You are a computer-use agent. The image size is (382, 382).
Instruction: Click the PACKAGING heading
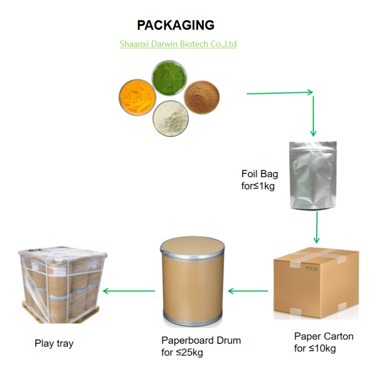tap(176, 25)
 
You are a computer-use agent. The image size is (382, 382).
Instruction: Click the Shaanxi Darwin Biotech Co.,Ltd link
tap(178, 44)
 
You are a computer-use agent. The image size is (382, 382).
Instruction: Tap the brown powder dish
tap(202, 97)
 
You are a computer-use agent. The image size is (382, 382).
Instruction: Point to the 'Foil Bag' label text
tap(259, 174)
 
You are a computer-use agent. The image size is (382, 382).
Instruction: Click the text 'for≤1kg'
tap(258, 186)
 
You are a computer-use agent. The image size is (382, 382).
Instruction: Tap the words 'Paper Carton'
tap(324, 336)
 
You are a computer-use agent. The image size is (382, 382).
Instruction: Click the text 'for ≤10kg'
tap(315, 349)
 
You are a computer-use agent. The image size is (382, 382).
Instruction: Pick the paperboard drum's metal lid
tap(191, 245)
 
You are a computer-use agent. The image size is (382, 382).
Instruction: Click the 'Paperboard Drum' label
tap(201, 340)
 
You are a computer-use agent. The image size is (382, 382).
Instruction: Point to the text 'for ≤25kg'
tap(183, 353)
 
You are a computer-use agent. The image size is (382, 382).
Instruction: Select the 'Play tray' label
tap(54, 343)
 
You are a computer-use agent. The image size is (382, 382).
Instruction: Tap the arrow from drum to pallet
tap(129, 290)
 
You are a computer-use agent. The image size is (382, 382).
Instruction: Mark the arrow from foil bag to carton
tap(316, 228)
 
